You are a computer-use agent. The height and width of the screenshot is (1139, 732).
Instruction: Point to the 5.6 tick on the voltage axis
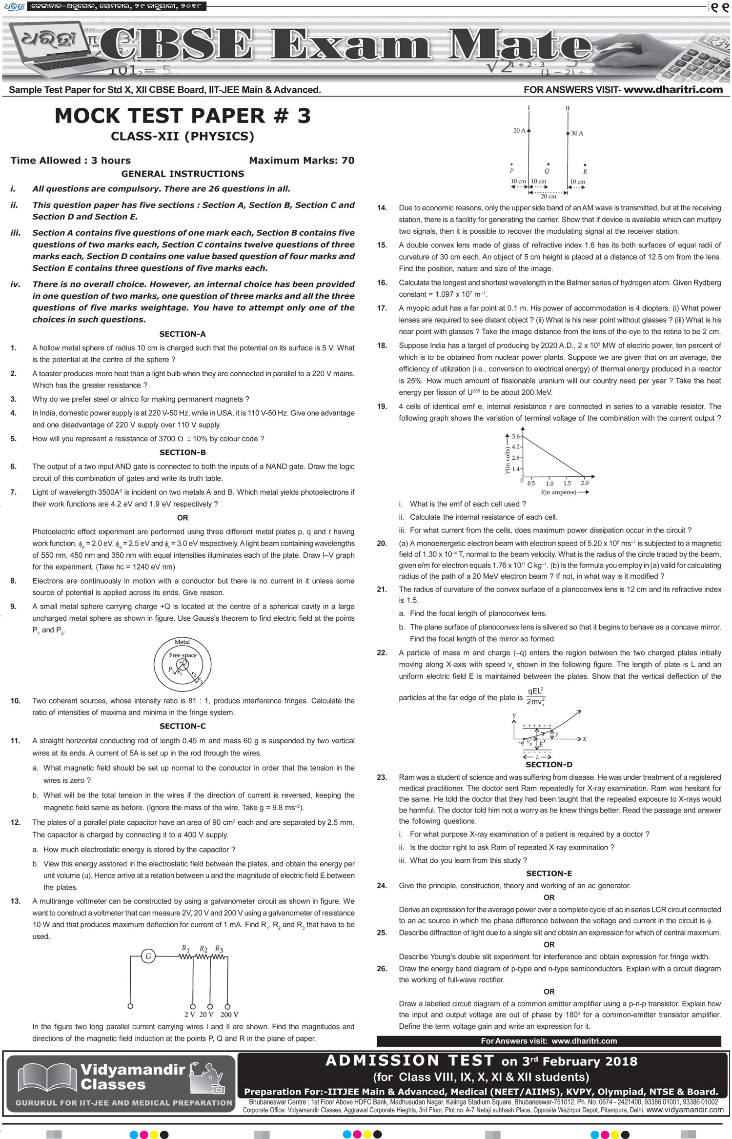click(516, 436)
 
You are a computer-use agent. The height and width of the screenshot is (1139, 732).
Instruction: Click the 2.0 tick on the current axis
click(585, 483)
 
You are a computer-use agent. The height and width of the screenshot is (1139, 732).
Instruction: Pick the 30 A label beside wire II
click(577, 133)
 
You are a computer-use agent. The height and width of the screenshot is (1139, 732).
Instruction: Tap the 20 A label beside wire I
click(519, 130)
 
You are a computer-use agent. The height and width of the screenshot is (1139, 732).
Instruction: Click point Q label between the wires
click(547, 171)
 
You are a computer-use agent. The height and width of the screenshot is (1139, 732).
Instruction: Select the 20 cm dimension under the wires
click(548, 197)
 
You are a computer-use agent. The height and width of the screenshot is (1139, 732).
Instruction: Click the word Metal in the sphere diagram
click(182, 642)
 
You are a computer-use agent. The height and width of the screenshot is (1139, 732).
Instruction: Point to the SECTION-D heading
click(549, 765)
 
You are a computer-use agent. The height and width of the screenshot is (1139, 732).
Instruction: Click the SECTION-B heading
click(183, 452)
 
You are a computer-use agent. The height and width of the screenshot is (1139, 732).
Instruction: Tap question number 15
click(382, 245)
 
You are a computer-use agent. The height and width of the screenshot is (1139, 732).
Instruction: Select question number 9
click(13, 607)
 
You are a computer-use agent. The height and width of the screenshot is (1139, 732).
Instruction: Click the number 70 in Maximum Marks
click(348, 161)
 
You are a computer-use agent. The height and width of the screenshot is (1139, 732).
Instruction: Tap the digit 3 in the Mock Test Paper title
click(304, 116)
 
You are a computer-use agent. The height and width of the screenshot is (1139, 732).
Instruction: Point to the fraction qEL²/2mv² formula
click(535, 696)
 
